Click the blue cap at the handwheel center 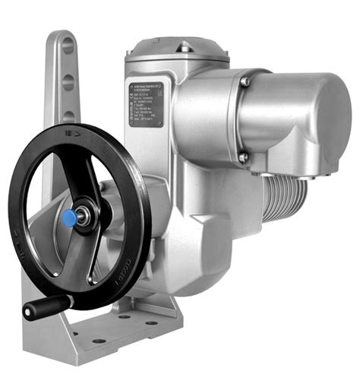(69, 219)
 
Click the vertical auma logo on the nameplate (133, 104)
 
